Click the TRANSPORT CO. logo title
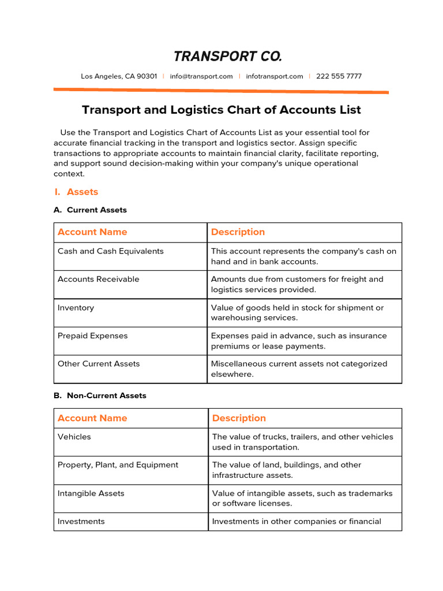point(228,56)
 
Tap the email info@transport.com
point(201,76)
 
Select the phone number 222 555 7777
point(339,76)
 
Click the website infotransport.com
point(274,76)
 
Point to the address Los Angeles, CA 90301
point(119,76)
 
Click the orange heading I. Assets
point(76,192)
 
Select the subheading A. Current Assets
point(90,210)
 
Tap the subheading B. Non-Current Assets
point(100,395)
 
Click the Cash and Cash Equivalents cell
point(111,251)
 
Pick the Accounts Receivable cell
point(99,279)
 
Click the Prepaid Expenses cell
point(93,336)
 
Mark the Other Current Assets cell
point(99,364)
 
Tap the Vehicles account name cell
point(74,437)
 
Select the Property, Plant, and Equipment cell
point(118,465)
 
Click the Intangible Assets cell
point(91,493)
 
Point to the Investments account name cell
point(81,521)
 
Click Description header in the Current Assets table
point(238,232)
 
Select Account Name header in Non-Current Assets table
point(92,418)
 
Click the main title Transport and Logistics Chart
point(221,110)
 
